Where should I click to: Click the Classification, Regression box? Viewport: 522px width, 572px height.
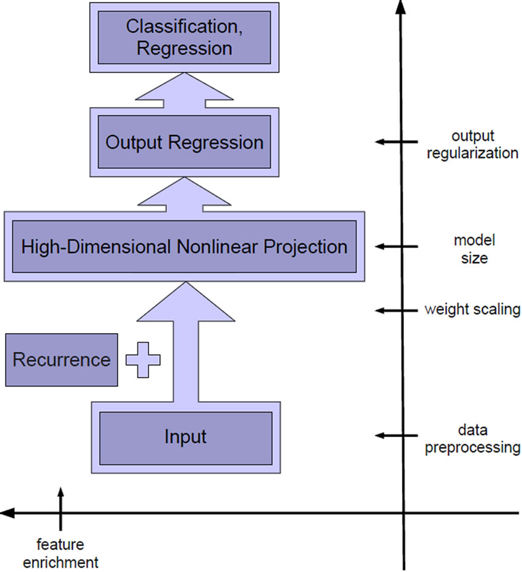(x=184, y=38)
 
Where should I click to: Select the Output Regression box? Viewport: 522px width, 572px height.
(x=184, y=142)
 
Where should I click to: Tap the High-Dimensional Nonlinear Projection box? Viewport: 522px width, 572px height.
(x=184, y=246)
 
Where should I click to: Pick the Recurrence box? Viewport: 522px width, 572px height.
(x=62, y=360)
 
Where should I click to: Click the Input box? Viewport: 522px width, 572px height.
(x=186, y=438)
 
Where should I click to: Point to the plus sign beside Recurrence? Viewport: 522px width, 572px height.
(x=143, y=360)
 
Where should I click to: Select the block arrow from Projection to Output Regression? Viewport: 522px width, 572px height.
(x=184, y=194)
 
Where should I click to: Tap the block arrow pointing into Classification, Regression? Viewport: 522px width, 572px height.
(x=184, y=90)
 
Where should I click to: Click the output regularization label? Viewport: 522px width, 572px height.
(x=473, y=144)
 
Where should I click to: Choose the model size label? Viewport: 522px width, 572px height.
(x=474, y=249)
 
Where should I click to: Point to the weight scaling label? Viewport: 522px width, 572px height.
(x=473, y=310)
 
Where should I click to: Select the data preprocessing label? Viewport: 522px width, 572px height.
(x=473, y=438)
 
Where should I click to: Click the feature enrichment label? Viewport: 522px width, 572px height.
(x=61, y=553)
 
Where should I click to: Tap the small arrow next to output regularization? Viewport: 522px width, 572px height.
(x=396, y=142)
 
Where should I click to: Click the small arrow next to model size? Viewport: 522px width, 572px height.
(x=396, y=246)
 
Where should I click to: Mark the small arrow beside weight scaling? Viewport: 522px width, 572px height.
(x=396, y=310)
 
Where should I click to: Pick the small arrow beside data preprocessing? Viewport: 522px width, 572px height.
(x=396, y=436)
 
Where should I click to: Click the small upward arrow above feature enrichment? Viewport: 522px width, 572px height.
(x=61, y=508)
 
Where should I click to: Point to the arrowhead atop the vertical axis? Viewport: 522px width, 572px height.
(x=401, y=7)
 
